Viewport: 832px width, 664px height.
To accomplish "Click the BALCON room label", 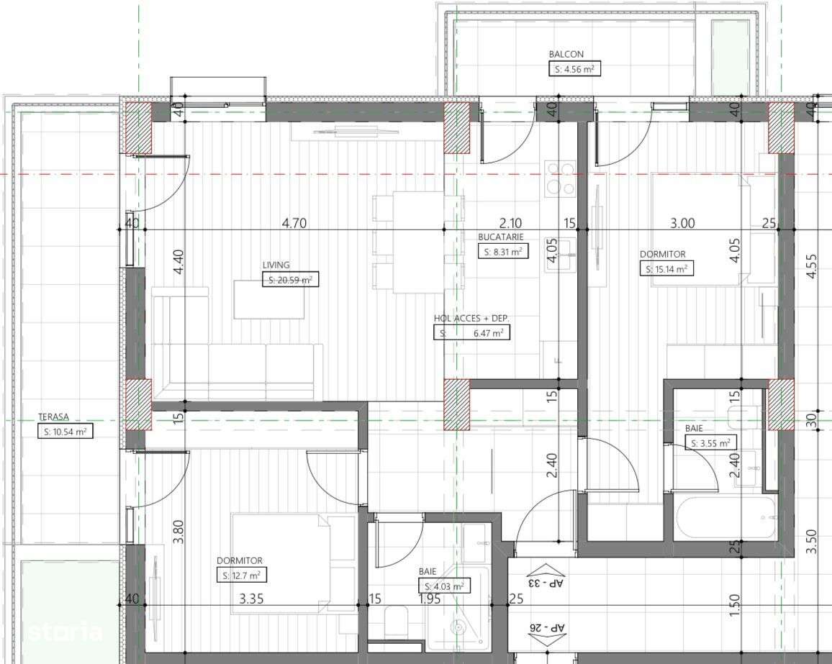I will (x=566, y=54).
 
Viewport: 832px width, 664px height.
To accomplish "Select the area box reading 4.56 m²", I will (x=574, y=69).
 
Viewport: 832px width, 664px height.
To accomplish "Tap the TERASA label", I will (x=54, y=417).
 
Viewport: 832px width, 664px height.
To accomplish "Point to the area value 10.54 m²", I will (x=65, y=432).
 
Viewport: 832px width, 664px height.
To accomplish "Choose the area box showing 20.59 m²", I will (x=290, y=280).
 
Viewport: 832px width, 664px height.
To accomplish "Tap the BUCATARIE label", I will (x=500, y=237).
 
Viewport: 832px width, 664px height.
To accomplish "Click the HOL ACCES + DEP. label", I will (x=471, y=318).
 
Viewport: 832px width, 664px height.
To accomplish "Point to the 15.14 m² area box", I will (x=666, y=269).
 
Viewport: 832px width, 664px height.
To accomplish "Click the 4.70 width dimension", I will (x=294, y=223).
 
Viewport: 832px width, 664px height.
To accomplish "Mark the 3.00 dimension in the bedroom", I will (x=682, y=223).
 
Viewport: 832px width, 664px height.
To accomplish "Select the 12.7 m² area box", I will (x=242, y=576).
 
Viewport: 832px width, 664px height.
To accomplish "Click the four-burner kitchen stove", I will (x=561, y=178).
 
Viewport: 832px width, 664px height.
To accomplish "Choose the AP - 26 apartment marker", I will (x=544, y=627).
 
